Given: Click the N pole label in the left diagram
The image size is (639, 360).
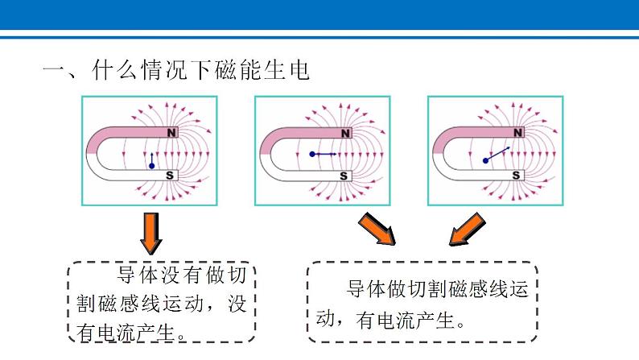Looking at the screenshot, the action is (171, 132).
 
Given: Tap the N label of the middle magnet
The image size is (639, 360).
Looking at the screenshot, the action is (345, 132).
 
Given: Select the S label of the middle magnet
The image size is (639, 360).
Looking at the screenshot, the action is (344, 175).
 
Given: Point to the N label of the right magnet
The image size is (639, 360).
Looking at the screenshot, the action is (519, 132).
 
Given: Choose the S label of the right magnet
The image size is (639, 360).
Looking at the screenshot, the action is (517, 175).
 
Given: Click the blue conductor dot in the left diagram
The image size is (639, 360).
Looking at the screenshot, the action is (151, 166).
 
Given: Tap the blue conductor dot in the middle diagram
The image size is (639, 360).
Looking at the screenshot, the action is (312, 153).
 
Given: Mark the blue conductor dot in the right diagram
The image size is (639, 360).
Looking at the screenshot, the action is (485, 160).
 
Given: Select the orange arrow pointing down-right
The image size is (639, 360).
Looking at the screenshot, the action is (378, 229).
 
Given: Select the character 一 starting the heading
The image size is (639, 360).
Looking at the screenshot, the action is (56, 71).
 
